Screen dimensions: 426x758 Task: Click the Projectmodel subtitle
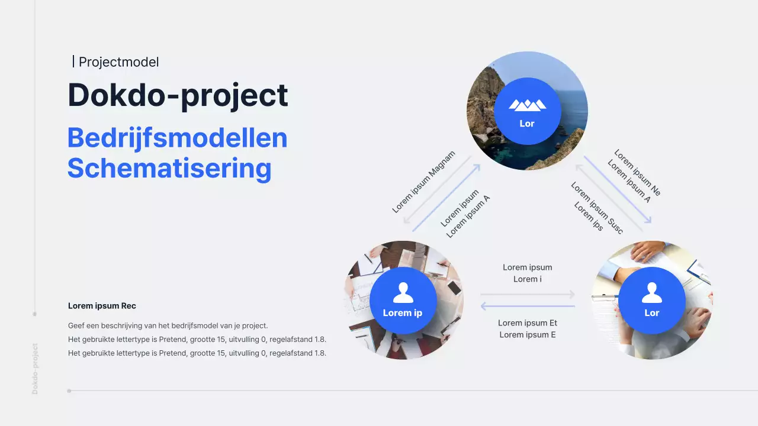click(x=118, y=62)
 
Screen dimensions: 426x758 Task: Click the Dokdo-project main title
click(x=178, y=95)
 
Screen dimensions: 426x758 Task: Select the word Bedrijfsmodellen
click(x=177, y=138)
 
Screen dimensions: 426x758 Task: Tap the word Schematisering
click(x=169, y=168)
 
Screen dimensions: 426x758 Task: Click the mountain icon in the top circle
click(x=527, y=105)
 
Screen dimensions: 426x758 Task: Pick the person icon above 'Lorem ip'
click(x=403, y=292)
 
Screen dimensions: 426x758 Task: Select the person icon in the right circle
click(x=651, y=292)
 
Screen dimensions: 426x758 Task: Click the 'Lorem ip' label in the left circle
click(x=403, y=312)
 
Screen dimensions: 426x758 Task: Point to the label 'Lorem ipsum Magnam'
click(x=423, y=182)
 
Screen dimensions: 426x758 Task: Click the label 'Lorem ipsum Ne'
click(x=637, y=172)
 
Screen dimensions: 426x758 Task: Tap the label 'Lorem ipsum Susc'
click(x=597, y=208)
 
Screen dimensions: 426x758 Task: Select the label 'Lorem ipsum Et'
click(x=528, y=323)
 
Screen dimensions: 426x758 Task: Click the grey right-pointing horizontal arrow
click(x=527, y=294)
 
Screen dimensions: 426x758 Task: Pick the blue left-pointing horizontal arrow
click(x=527, y=306)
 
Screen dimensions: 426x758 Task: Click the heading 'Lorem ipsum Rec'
click(x=102, y=306)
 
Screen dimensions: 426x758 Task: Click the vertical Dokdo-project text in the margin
click(x=35, y=368)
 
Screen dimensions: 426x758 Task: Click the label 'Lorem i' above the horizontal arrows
click(x=528, y=279)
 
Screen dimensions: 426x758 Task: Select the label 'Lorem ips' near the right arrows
click(x=589, y=217)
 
